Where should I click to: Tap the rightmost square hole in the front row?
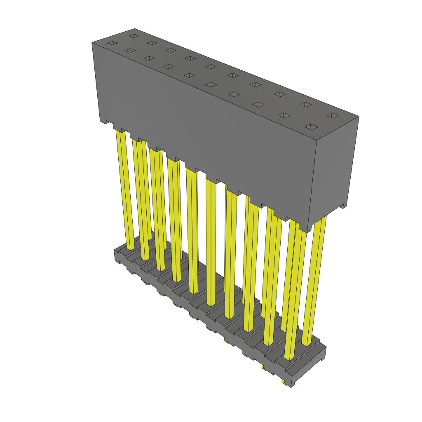point(312,127)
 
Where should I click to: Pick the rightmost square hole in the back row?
point(332,115)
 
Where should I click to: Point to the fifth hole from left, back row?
point(211,66)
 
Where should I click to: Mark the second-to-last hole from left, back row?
point(305,104)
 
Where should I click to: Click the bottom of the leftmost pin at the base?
point(130,247)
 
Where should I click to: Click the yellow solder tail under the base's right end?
point(284,383)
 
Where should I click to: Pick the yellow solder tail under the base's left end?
point(131,272)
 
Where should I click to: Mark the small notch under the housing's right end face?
point(341,206)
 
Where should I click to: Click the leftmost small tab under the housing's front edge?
point(107,122)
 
